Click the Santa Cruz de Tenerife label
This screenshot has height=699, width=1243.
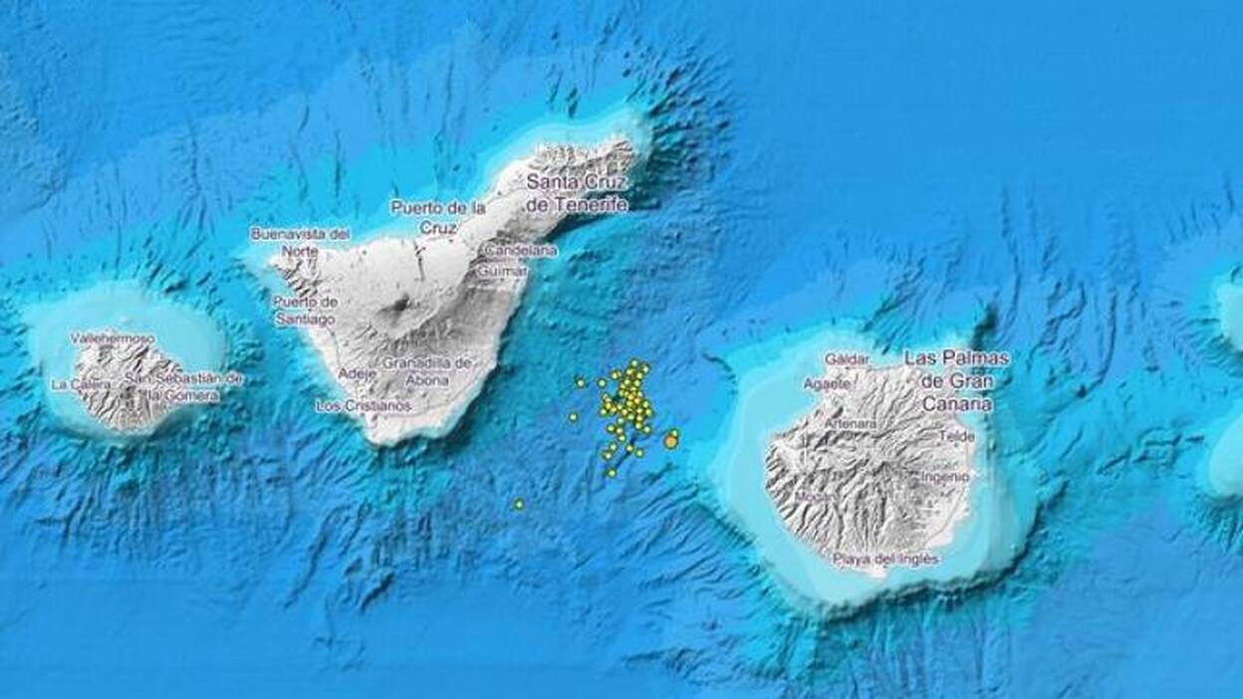(x=577, y=193)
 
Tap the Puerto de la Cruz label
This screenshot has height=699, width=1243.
(x=438, y=217)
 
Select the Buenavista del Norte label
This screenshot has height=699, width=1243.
(x=300, y=242)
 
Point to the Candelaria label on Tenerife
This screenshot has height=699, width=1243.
(x=521, y=252)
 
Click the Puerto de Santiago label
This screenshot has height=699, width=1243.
(x=305, y=310)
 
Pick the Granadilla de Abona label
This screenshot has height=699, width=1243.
(x=427, y=370)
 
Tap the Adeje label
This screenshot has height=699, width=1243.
(x=358, y=373)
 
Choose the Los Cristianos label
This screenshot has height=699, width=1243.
(x=364, y=406)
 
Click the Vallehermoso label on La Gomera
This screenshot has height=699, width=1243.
(x=113, y=339)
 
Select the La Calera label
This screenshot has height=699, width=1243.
(x=77, y=384)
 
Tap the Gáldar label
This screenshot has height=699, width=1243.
(x=847, y=358)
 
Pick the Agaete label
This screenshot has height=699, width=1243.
(x=827, y=382)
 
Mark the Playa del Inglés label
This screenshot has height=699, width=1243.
(x=886, y=560)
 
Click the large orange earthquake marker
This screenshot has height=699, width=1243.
(x=671, y=441)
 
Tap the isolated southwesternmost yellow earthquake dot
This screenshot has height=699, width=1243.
(x=519, y=505)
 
